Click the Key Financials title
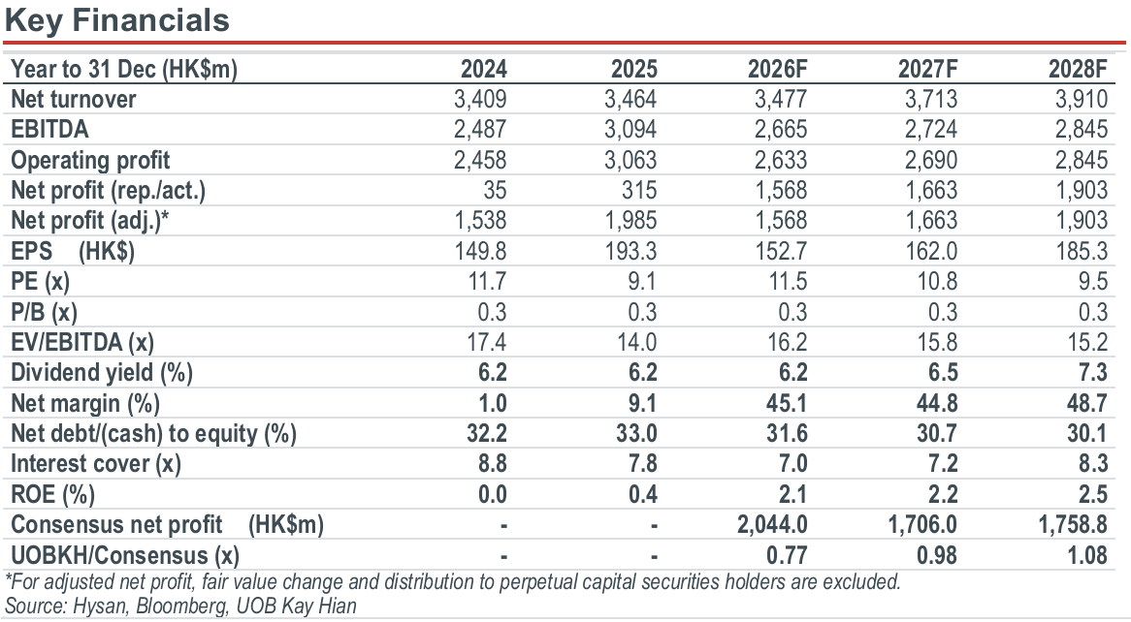(x=116, y=20)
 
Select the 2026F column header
(x=778, y=69)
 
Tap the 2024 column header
(x=484, y=69)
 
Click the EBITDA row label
(x=49, y=130)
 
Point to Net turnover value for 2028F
(x=1081, y=100)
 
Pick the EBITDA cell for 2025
(x=630, y=130)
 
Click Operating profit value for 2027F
(x=930, y=160)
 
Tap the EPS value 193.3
(x=630, y=252)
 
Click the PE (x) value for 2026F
(x=788, y=282)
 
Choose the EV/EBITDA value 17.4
(x=487, y=342)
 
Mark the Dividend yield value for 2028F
(x=1093, y=373)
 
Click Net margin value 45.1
(x=787, y=404)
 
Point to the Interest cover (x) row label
(x=96, y=464)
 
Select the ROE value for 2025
(x=643, y=494)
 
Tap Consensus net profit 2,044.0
(x=772, y=525)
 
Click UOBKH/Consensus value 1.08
(x=1087, y=556)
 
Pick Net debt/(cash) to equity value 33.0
(x=637, y=434)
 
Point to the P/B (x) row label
(x=44, y=312)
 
